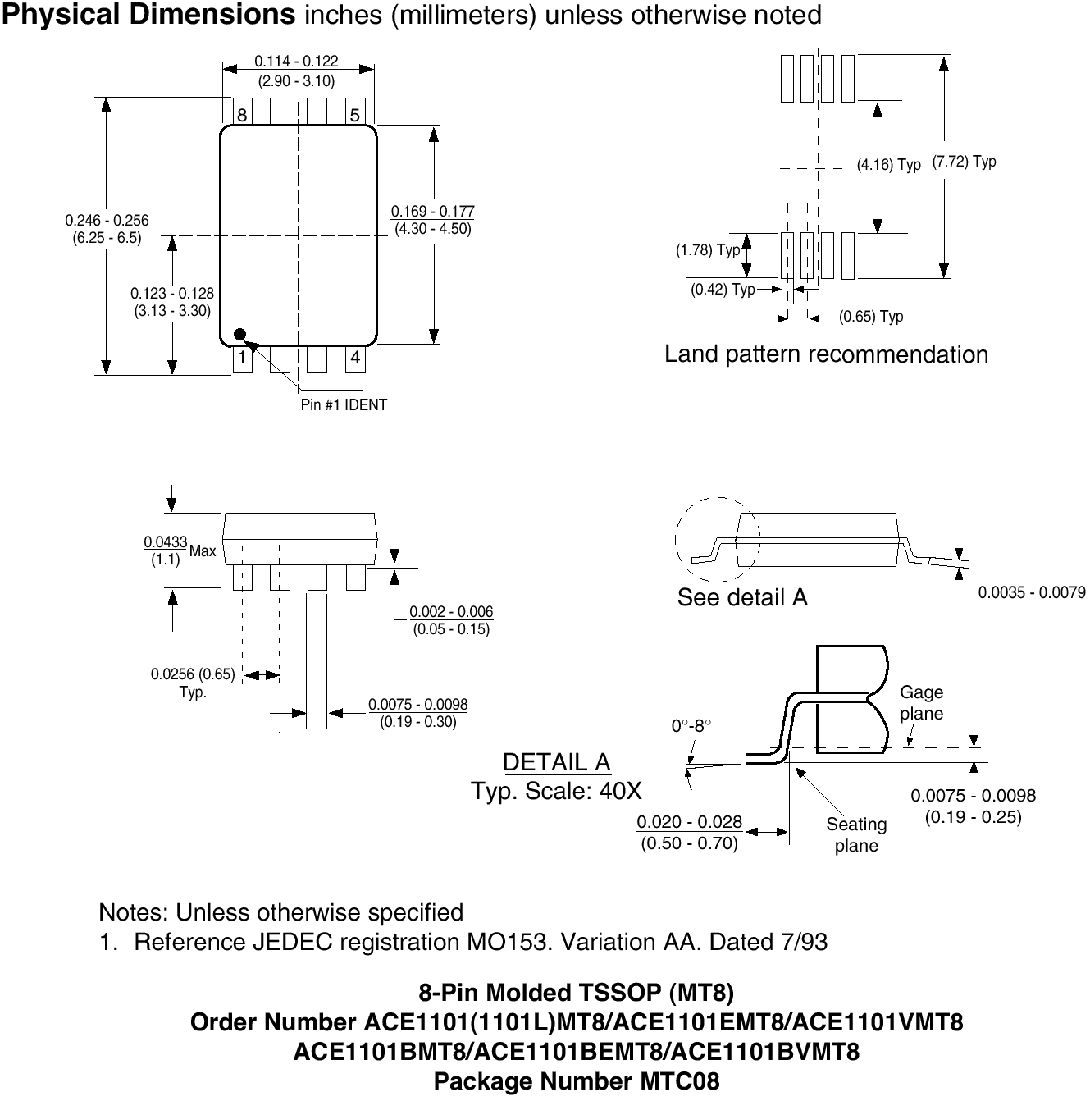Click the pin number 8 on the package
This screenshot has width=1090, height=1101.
pos(242,115)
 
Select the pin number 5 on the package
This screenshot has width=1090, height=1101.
pos(355,115)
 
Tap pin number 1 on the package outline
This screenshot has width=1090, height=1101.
pos(242,358)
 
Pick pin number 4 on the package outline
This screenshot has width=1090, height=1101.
pos(355,358)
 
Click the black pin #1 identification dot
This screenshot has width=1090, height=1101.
pos(239,334)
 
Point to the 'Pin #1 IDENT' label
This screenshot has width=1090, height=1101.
pos(344,404)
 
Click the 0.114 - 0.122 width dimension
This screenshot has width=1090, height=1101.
pos(296,62)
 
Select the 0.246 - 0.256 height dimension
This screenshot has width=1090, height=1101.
pos(107,220)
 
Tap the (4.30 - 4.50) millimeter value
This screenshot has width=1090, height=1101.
pos(433,229)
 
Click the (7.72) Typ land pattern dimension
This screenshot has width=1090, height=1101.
pos(965,162)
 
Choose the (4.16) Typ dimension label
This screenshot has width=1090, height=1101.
pos(889,165)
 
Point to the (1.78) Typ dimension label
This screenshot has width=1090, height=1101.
pos(707,250)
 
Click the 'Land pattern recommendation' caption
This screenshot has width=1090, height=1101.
pos(826,354)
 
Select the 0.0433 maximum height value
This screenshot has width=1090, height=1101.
pos(166,542)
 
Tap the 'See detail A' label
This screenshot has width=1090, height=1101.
pos(742,597)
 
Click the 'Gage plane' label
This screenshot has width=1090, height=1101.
pos(921,703)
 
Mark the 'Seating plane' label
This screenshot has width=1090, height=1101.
pos(856,834)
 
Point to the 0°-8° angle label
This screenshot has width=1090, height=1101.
pos(691,726)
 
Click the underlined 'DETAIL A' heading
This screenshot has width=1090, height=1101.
pos(556,762)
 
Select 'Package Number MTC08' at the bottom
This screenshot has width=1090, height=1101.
pos(577,1081)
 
